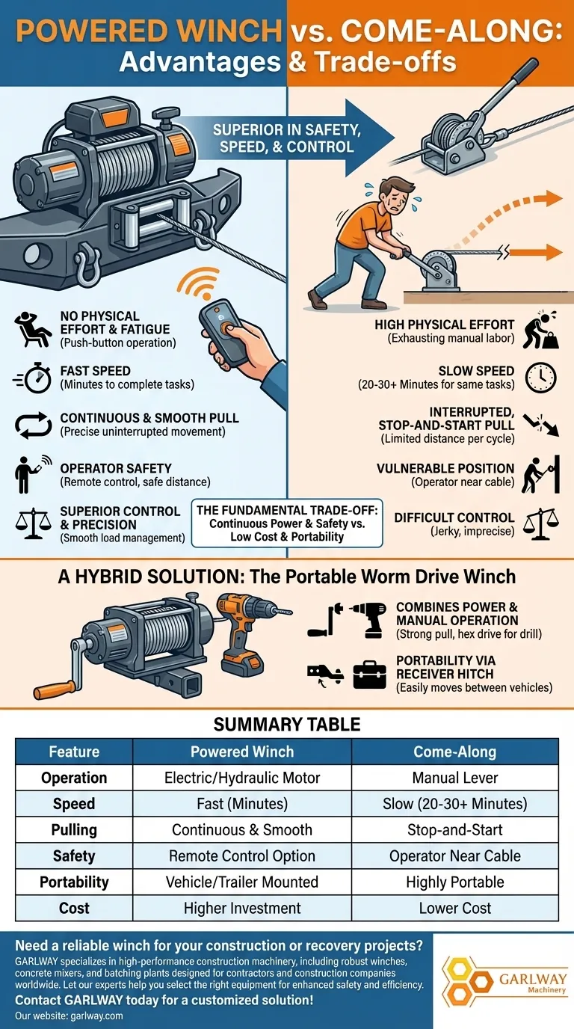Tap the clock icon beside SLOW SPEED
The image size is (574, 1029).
coord(540,377)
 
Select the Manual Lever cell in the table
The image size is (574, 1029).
coord(455,778)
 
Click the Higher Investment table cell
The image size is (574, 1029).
coord(242,909)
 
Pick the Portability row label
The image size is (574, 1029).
coord(74,882)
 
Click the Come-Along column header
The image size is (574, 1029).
coord(455,752)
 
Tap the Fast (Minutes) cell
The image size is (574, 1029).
coord(242,804)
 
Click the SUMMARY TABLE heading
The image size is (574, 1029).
coord(287,724)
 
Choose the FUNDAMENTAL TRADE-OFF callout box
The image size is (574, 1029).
coord(287,523)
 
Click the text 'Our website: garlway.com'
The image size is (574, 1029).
coord(69,1016)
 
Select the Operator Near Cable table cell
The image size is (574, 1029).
coord(455,856)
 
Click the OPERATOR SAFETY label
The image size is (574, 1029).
coord(116,468)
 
